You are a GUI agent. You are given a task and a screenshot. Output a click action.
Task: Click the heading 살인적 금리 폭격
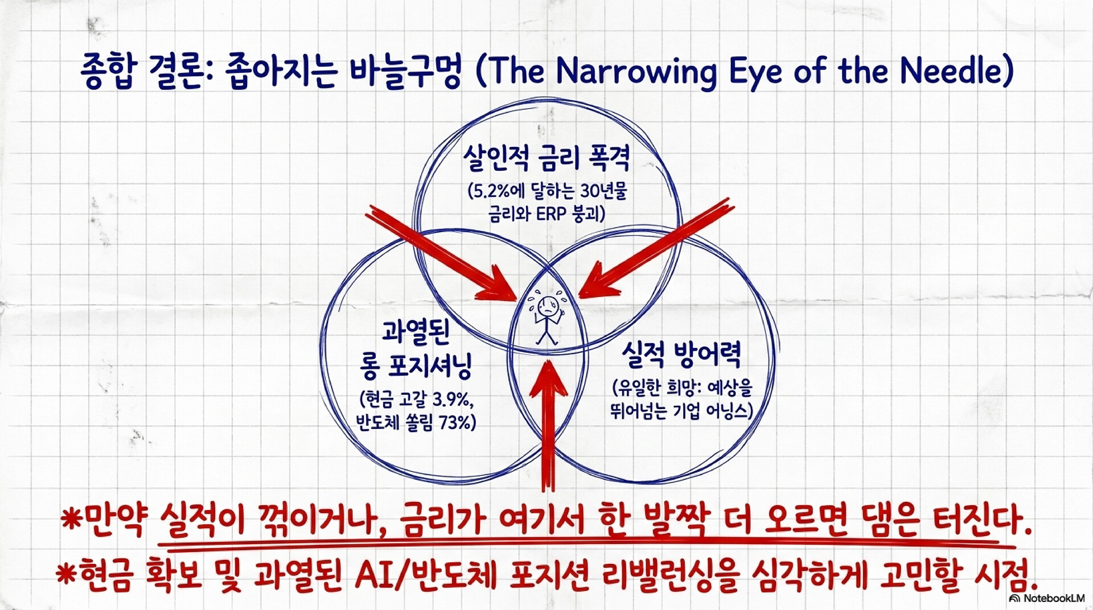(546, 158)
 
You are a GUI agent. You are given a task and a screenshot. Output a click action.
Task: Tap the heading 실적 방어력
(681, 355)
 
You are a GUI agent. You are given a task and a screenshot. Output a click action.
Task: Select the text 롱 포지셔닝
(416, 365)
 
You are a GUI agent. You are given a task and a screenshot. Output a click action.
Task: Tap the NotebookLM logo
(1047, 598)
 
